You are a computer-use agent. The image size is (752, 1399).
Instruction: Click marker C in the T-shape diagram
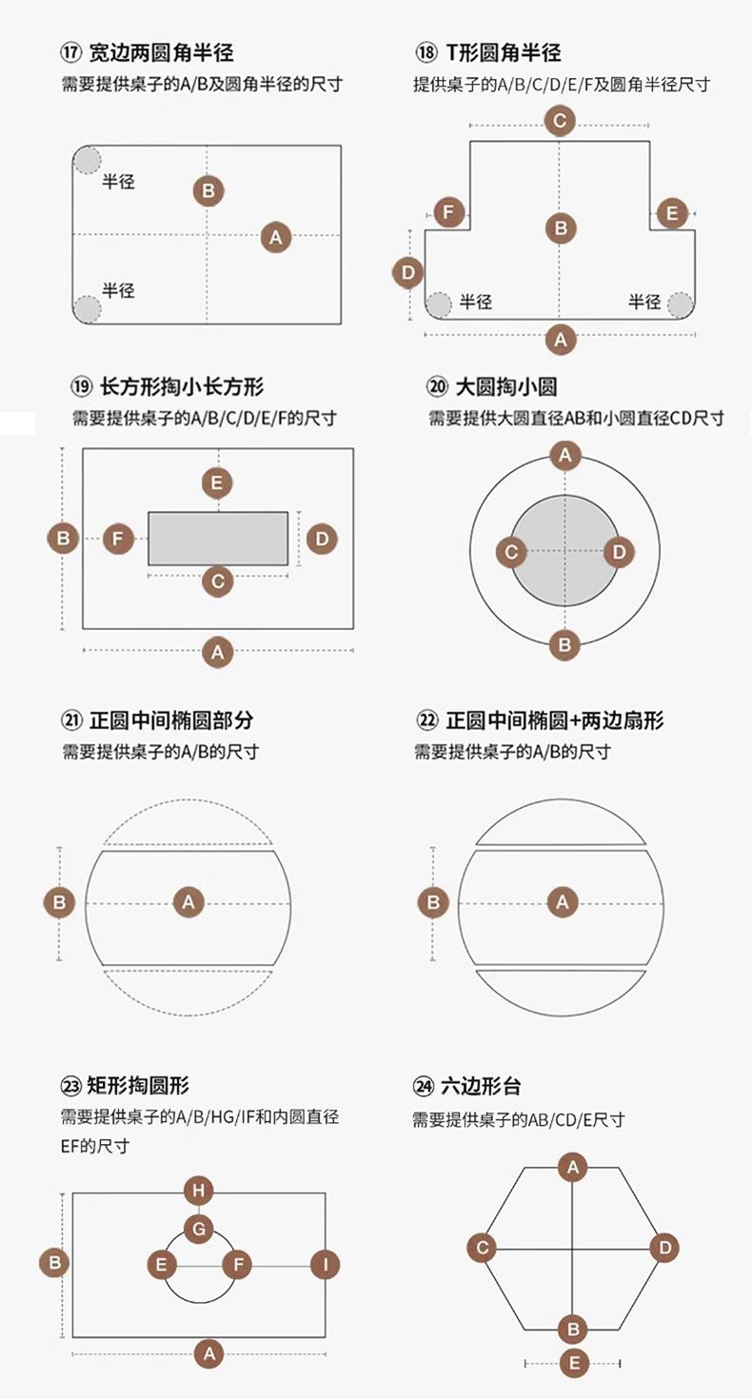(560, 121)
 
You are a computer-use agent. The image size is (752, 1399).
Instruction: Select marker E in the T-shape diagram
(672, 213)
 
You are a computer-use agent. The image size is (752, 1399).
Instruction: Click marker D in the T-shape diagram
(408, 273)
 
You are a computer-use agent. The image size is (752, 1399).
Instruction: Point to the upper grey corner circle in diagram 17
(88, 160)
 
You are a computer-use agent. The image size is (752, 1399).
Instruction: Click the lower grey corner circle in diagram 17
(88, 308)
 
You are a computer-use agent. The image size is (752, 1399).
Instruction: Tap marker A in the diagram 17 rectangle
(276, 236)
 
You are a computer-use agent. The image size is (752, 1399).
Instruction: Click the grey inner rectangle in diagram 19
(218, 539)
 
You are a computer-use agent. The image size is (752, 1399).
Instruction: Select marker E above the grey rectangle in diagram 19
(218, 483)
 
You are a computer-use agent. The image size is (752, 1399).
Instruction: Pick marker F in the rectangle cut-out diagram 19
(118, 539)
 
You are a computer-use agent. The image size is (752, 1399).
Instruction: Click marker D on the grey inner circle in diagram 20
(619, 551)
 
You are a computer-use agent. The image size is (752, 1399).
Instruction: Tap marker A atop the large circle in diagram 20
(564, 456)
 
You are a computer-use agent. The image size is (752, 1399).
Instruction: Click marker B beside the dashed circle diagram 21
(60, 901)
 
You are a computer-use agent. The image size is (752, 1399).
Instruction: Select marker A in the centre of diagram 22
(563, 901)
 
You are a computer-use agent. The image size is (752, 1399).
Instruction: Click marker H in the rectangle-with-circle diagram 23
(198, 1191)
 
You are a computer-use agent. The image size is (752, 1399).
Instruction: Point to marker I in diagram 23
(326, 1265)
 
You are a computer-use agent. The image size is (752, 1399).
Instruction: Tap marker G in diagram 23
(198, 1229)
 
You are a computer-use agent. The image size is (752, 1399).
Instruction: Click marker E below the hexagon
(573, 1364)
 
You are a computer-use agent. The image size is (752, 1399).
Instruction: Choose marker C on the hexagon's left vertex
(483, 1248)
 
